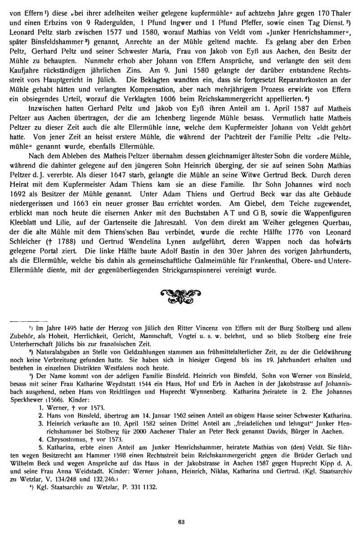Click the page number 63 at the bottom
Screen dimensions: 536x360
(180, 522)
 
